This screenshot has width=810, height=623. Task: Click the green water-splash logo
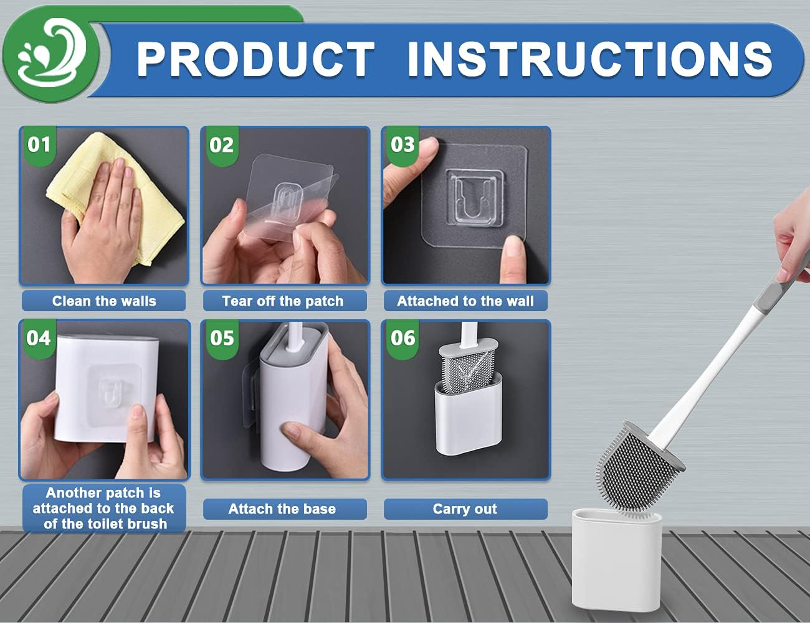point(51,54)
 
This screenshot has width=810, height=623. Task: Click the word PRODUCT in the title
point(255,59)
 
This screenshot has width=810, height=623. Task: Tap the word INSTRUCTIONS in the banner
point(589,59)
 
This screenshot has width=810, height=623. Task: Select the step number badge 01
point(39,145)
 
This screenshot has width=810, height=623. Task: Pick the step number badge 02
point(221,145)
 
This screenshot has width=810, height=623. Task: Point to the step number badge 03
point(403,145)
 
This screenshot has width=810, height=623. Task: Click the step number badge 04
point(39,338)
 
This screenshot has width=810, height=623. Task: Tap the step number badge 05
point(221,338)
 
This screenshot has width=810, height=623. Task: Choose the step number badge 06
point(403,338)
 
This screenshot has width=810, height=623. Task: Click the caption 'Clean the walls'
point(104,301)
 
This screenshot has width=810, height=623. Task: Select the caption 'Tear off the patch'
point(283,301)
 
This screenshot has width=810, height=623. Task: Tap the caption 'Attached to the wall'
point(465,301)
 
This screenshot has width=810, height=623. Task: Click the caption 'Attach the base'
point(282,509)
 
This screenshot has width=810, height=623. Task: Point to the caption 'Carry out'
point(465,509)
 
